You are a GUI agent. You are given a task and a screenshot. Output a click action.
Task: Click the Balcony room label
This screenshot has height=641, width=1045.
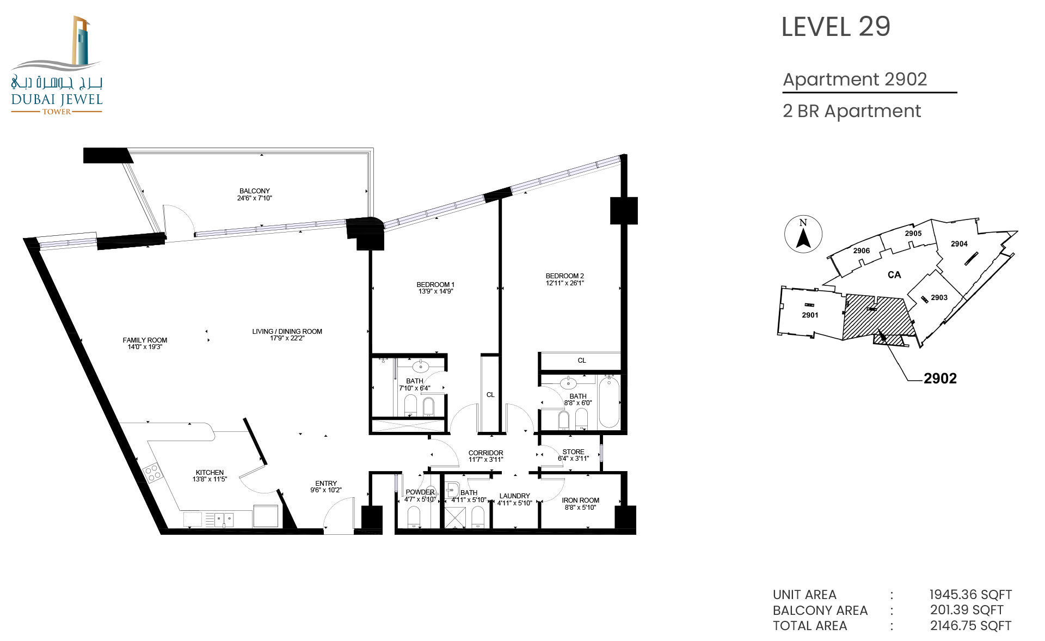(255, 191)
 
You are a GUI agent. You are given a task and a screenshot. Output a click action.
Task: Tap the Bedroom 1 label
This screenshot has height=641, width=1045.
(435, 284)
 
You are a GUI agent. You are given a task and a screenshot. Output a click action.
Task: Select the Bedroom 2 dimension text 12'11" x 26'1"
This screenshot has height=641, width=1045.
(565, 283)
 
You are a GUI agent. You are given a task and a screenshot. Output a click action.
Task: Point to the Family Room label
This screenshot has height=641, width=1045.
(145, 340)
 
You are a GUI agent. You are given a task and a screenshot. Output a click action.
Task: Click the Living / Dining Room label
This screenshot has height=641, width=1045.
(287, 331)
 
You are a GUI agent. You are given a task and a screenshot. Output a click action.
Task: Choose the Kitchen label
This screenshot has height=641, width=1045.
(210, 472)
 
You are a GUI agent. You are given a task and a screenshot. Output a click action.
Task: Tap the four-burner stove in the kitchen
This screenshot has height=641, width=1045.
(153, 472)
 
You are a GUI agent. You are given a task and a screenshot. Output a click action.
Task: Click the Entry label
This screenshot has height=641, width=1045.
(326, 483)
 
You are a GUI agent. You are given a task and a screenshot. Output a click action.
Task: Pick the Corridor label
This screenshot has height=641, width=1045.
(485, 453)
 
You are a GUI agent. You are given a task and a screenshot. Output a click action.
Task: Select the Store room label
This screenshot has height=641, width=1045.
(573, 451)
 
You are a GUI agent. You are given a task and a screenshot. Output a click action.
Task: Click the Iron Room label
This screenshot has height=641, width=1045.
(580, 500)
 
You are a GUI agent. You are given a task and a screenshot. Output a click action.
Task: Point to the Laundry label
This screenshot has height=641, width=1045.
(514, 496)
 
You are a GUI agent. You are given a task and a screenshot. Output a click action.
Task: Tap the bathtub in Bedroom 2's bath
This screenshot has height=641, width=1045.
(609, 402)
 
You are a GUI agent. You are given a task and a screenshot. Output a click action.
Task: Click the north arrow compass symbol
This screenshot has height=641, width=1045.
(803, 234)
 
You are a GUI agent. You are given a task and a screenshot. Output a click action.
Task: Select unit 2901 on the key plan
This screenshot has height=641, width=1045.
(810, 315)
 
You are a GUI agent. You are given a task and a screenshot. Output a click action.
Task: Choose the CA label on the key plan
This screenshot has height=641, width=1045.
(894, 275)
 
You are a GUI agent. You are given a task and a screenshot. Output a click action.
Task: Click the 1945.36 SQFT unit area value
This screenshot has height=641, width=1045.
(970, 595)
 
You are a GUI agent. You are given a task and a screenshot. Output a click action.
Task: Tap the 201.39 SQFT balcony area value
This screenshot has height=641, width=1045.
(967, 610)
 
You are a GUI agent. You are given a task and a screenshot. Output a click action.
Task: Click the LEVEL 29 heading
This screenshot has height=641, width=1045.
(835, 27)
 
